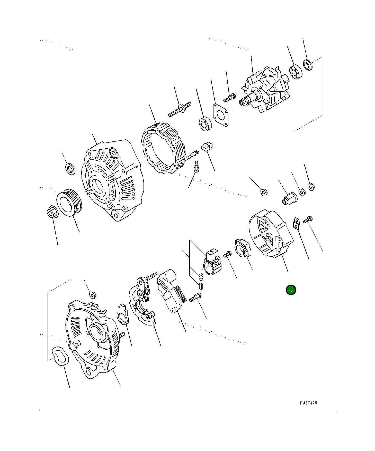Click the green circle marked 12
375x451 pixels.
291,290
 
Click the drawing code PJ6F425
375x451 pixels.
308,403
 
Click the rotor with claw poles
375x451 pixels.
265,90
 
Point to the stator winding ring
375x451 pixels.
164,148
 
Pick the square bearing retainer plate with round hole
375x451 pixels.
220,115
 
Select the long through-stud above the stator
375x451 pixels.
180,109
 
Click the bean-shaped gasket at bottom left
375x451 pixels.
60,356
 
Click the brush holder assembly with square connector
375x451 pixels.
212,262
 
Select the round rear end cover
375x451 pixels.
270,234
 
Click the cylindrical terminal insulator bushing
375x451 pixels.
289,198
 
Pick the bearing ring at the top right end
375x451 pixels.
307,64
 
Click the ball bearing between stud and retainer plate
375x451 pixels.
205,123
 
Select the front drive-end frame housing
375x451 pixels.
113,180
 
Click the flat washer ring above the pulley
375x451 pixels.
70,168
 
